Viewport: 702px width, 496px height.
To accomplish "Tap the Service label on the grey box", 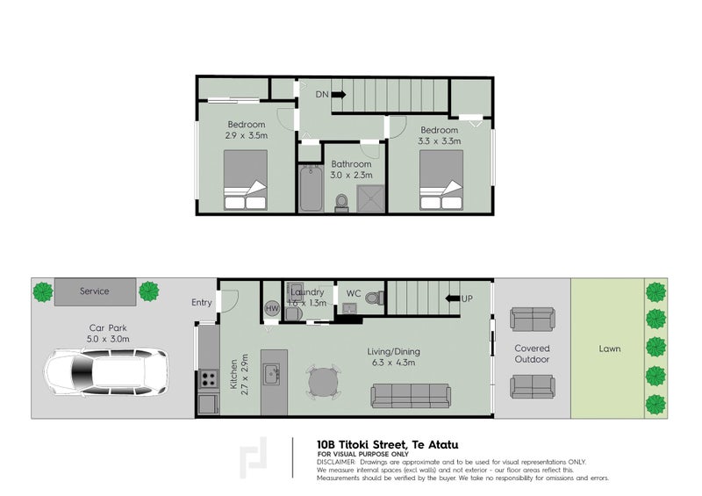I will pos(94,291).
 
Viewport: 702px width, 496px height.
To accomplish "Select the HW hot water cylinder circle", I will pos(271,308).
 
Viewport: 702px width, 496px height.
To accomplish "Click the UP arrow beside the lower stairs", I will pos(454,298).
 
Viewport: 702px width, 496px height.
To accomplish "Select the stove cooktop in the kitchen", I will pos(210,379).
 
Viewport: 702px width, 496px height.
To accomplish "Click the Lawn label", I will pos(610,349).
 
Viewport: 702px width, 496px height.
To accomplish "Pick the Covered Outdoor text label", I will pos(532,354).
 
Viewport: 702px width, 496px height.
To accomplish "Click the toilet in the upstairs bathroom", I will pos(343,202).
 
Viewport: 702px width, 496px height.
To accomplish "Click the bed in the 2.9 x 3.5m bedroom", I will pos(247,180).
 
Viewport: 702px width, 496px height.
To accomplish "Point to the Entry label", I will pos(202,303).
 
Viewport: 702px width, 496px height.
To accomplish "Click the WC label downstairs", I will pos(354,292).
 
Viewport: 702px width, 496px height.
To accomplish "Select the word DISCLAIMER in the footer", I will pos(336,462).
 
